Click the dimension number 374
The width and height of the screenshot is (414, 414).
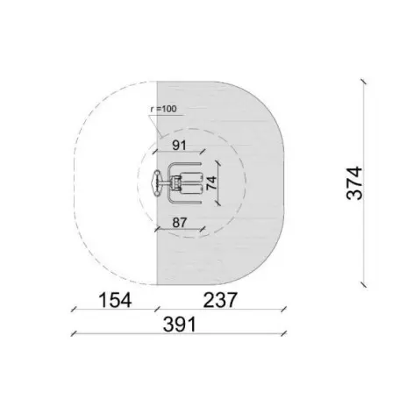point(354,183)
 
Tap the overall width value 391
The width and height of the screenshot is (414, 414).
point(179,325)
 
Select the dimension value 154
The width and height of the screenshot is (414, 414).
point(115,300)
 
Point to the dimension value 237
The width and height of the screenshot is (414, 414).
point(219,300)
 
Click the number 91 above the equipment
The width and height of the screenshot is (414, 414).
point(179,145)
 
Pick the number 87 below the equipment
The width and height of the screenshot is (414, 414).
point(179,223)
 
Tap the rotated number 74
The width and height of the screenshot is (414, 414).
point(212,183)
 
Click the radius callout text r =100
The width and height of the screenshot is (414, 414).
point(164,110)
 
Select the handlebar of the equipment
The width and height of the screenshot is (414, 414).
point(157,183)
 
